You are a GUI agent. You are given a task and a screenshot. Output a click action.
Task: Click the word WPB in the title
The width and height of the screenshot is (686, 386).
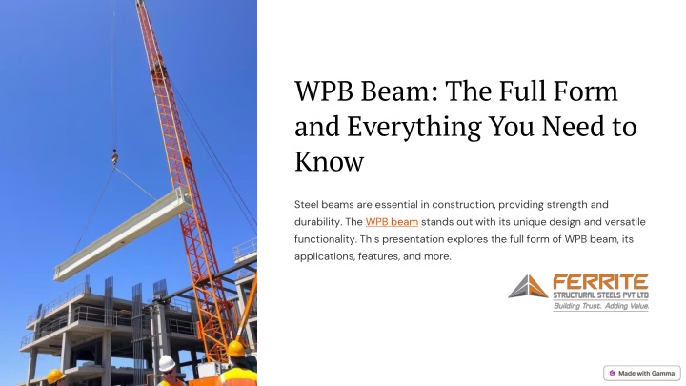coord(324,91)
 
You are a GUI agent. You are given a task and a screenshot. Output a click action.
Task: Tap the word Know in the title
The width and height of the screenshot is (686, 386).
coord(329,161)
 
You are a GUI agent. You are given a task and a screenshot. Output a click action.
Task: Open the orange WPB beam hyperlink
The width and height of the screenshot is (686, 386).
coord(392,222)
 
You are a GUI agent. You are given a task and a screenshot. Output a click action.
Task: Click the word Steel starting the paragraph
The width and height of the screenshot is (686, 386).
coord(306,204)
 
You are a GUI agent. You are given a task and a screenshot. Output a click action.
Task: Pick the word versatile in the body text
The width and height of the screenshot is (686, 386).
coord(625,222)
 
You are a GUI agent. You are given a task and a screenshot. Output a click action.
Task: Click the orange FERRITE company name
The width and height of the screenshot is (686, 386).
coord(600,282)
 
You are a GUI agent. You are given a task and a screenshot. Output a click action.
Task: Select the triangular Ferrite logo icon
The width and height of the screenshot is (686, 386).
coord(528,287)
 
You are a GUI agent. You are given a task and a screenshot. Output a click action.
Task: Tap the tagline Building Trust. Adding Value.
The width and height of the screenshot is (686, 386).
coord(600,306)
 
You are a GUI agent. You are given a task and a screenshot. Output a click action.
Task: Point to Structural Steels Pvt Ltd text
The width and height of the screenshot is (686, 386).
coord(600,295)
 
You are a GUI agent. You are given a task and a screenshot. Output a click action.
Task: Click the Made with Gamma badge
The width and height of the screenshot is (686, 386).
coord(642,374)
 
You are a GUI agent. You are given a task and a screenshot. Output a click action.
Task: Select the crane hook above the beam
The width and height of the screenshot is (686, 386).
coord(114,157)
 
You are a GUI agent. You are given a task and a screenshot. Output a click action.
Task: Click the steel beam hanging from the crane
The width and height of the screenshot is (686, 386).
coord(123,234)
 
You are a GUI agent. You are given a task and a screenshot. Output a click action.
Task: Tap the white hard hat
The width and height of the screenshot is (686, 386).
coord(167,363)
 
